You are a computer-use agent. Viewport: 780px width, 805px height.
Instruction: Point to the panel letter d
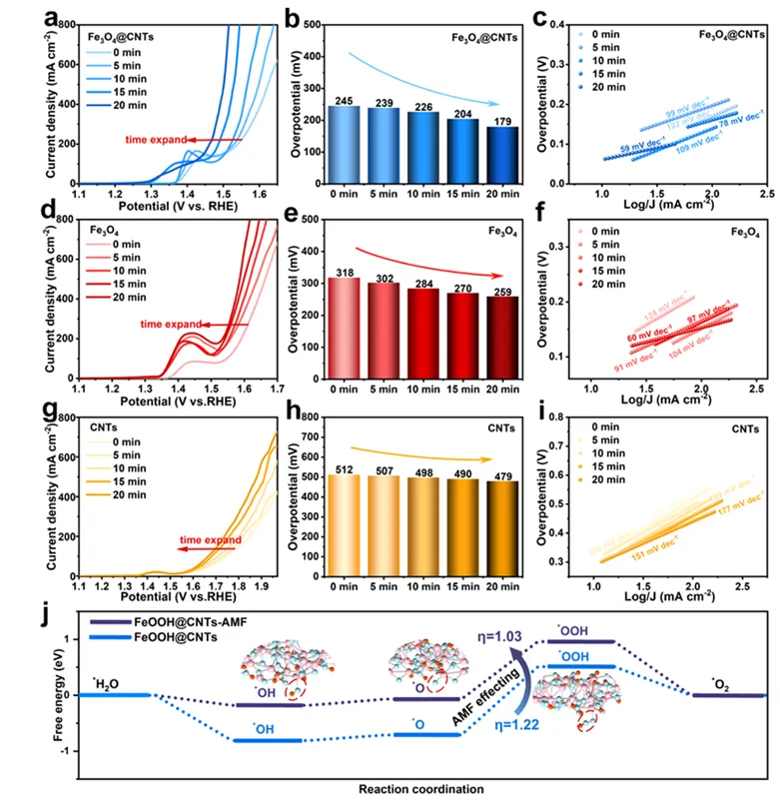[x=19, y=210]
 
